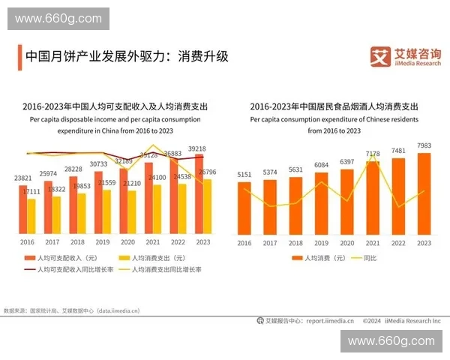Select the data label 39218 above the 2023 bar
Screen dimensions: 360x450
pyautogui.click(x=197, y=148)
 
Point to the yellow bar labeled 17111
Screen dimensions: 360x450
pyautogui.click(x=31, y=215)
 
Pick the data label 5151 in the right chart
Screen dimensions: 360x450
pyautogui.click(x=244, y=175)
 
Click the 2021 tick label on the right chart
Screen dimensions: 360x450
pyautogui.click(x=373, y=242)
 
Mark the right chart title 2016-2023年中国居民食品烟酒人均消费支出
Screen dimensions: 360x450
pyautogui.click(x=334, y=106)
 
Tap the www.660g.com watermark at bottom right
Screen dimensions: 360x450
pyautogui.click(x=391, y=341)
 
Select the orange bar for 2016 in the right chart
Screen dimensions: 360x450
pyautogui.click(x=244, y=206)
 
